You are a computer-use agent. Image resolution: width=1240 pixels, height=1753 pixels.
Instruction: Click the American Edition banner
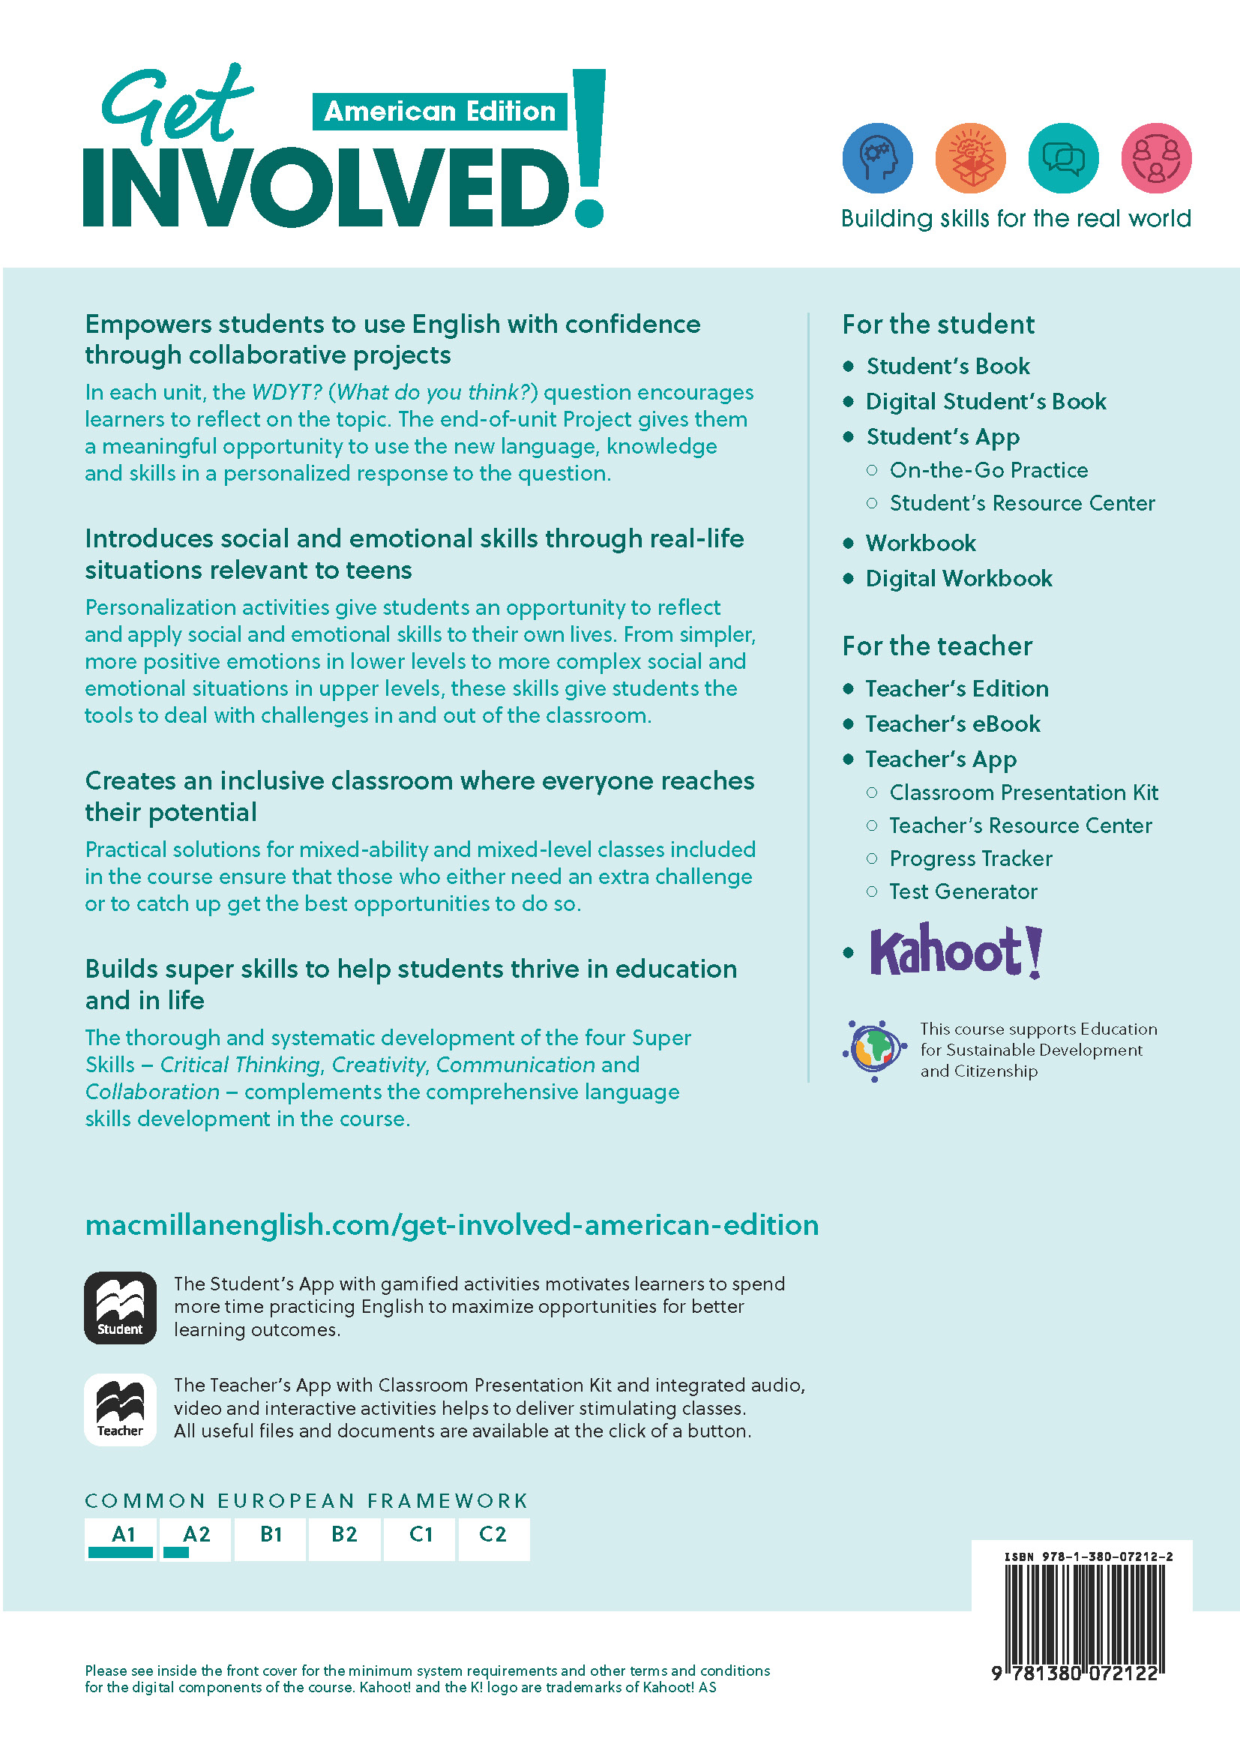[439, 112]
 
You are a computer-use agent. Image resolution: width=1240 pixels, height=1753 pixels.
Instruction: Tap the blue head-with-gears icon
[877, 158]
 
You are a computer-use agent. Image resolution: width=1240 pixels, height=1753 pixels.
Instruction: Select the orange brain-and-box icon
[969, 158]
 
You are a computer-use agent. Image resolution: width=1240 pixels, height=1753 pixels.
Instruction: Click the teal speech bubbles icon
[1063, 158]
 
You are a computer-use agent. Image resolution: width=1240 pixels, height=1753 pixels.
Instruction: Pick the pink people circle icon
[1156, 158]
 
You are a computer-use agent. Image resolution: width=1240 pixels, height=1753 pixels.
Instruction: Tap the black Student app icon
[120, 1307]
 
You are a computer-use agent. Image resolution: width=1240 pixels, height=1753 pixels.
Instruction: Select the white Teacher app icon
[120, 1410]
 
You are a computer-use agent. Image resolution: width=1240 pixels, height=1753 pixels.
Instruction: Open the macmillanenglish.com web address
[451, 1224]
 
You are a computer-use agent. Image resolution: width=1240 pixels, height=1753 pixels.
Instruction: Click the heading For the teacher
[937, 646]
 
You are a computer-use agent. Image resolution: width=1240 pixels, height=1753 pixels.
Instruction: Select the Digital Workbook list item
[958, 578]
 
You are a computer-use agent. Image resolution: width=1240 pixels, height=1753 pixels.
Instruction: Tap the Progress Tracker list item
[970, 859]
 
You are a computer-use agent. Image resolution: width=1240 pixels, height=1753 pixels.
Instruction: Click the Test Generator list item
[963, 891]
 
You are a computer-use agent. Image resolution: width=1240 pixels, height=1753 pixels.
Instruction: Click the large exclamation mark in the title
[589, 149]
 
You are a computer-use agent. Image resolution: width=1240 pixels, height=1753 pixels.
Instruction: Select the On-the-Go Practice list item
[988, 469]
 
